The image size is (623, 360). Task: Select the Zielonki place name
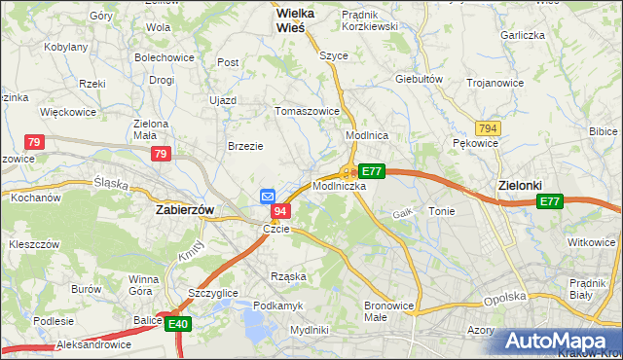519,185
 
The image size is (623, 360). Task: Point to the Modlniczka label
339,185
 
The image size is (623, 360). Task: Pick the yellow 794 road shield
488,127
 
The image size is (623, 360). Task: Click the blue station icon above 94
269,196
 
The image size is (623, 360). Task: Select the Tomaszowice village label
308,110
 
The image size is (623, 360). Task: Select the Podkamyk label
278,305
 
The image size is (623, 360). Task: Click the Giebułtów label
420,79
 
